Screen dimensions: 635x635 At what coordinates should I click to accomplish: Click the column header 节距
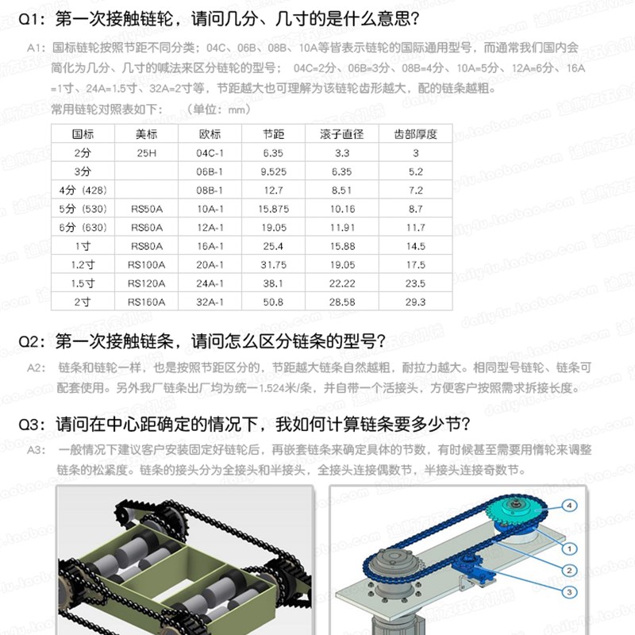coord(272,134)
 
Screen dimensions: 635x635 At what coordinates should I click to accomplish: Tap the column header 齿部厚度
coord(415,134)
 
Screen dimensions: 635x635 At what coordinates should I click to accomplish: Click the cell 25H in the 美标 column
coord(146,152)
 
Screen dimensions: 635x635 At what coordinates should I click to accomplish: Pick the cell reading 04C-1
coord(210,152)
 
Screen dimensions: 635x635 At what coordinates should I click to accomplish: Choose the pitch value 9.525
coord(272,171)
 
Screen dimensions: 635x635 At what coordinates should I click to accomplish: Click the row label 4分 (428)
coord(82,190)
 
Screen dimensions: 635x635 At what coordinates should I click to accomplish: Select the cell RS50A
coord(146,209)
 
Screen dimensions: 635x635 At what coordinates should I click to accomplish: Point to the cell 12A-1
coord(210,228)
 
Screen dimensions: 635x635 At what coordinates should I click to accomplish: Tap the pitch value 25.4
coord(272,246)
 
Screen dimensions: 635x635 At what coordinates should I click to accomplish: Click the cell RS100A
coord(146,265)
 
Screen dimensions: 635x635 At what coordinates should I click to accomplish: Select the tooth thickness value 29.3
coord(415,302)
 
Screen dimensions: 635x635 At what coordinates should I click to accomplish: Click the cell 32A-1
coord(210,302)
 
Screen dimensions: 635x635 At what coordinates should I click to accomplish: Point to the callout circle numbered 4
coord(570,506)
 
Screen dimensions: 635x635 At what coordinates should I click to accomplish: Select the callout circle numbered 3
coord(570,592)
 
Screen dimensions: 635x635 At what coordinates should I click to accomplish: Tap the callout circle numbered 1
coord(570,548)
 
